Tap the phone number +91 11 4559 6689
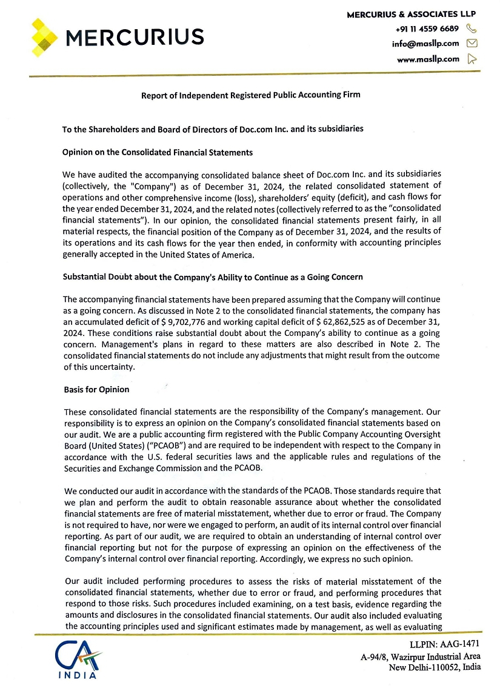(427, 28)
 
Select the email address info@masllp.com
(425, 44)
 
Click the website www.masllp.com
(428, 59)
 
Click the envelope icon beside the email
(473, 44)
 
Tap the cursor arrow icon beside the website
(473, 59)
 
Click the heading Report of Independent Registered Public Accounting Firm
(251, 95)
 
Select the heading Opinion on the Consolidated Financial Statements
(158, 152)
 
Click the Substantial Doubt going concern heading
(213, 277)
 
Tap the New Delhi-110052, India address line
(435, 667)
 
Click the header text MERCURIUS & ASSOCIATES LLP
(411, 14)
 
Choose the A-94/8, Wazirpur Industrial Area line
(421, 656)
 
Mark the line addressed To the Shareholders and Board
(213, 129)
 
